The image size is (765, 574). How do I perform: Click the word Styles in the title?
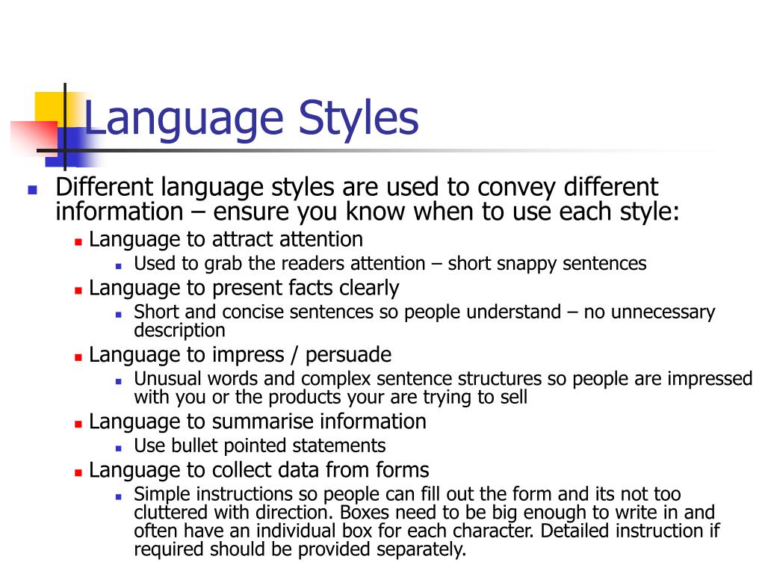tap(359, 120)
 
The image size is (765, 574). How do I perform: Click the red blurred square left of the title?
tap(31, 138)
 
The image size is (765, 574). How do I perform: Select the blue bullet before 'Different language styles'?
tap(32, 190)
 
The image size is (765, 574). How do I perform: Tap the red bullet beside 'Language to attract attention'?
tap(78, 242)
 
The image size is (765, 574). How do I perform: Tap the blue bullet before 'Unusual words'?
tap(119, 380)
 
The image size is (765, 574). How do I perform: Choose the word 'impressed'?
tap(709, 379)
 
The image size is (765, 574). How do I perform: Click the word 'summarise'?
tap(262, 422)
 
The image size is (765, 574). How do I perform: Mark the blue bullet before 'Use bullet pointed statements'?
tap(119, 448)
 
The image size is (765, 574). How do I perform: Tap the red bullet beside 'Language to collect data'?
tap(78, 473)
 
